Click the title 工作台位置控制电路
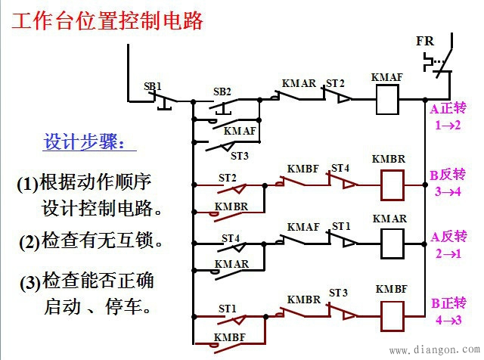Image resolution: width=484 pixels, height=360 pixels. pyautogui.click(x=107, y=20)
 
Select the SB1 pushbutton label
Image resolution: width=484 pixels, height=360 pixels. pyautogui.click(x=153, y=86)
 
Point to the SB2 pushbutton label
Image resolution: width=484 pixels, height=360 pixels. pyautogui.click(x=222, y=92)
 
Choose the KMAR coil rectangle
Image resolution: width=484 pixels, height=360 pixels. pyautogui.click(x=389, y=244)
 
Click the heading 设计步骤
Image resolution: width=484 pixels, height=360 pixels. pyautogui.click(x=90, y=142)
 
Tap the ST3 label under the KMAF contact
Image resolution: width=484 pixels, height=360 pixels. pyautogui.click(x=239, y=156)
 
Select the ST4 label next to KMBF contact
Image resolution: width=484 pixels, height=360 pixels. pyautogui.click(x=340, y=168)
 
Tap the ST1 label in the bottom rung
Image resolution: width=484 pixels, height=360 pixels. pyautogui.click(x=228, y=309)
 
